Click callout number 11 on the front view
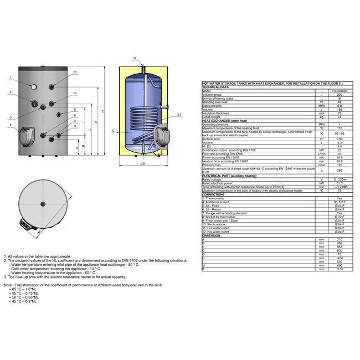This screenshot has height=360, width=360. pyautogui.click(x=75, y=73)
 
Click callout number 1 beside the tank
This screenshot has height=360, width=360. pyautogui.click(x=11, y=78)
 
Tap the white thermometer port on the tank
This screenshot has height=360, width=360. pyautogui.click(x=33, y=87)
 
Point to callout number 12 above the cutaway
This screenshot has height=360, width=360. pyautogui.click(x=135, y=58)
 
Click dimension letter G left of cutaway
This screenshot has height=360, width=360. pyautogui.click(x=112, y=131)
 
